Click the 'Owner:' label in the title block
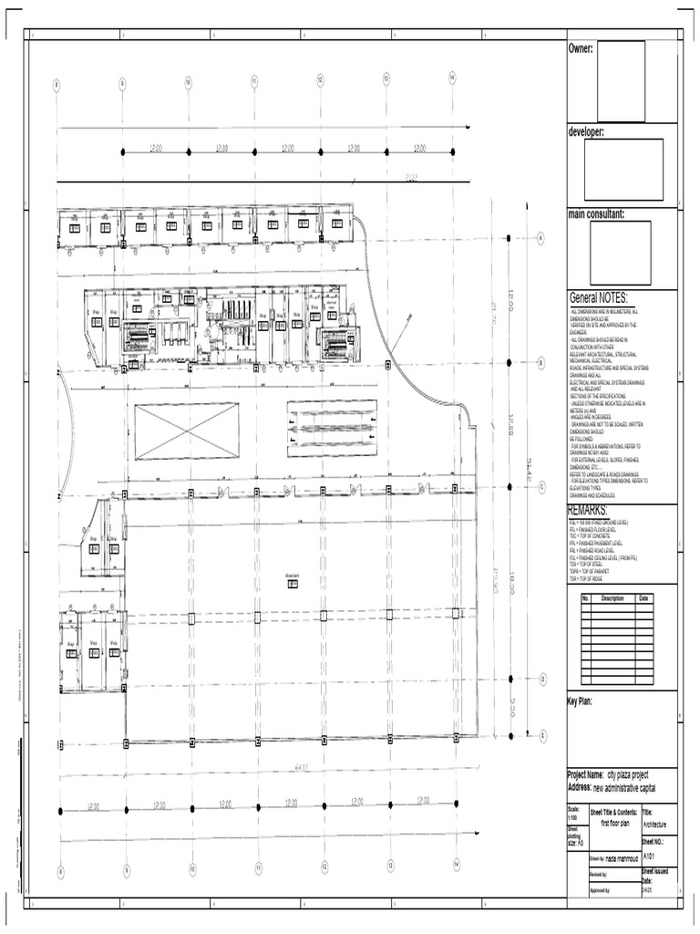[582, 47]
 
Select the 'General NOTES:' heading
[599, 298]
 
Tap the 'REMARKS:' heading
[587, 509]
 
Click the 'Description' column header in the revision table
[612, 598]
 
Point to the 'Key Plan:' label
[581, 700]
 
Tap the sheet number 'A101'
[649, 856]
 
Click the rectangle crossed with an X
[187, 431]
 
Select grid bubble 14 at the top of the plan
[452, 80]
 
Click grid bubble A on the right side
[540, 238]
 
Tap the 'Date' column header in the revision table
[643, 598]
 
